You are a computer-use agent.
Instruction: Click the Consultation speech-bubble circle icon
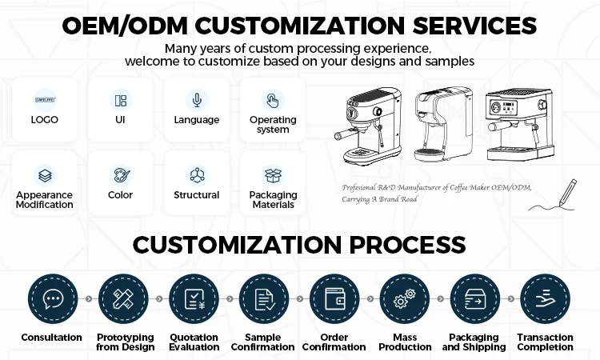click(x=52, y=298)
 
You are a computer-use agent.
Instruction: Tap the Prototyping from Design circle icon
click(x=123, y=298)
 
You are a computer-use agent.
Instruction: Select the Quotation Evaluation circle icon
click(x=194, y=298)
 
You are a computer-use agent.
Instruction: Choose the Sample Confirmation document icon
click(x=264, y=298)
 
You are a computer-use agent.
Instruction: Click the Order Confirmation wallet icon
click(x=334, y=298)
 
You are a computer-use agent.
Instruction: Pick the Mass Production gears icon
click(x=405, y=298)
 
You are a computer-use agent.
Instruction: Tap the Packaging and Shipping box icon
click(x=475, y=298)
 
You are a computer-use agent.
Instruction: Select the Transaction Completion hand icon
click(x=545, y=298)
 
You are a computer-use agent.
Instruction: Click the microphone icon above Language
click(x=196, y=100)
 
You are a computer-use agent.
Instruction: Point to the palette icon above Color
click(x=120, y=174)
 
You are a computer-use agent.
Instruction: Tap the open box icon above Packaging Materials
click(x=273, y=174)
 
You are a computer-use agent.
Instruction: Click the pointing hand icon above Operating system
click(x=273, y=100)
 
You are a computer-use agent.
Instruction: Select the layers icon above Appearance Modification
click(x=45, y=174)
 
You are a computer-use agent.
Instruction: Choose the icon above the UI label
click(x=120, y=100)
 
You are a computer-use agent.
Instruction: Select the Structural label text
click(x=196, y=195)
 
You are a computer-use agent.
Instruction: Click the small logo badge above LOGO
click(x=45, y=100)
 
